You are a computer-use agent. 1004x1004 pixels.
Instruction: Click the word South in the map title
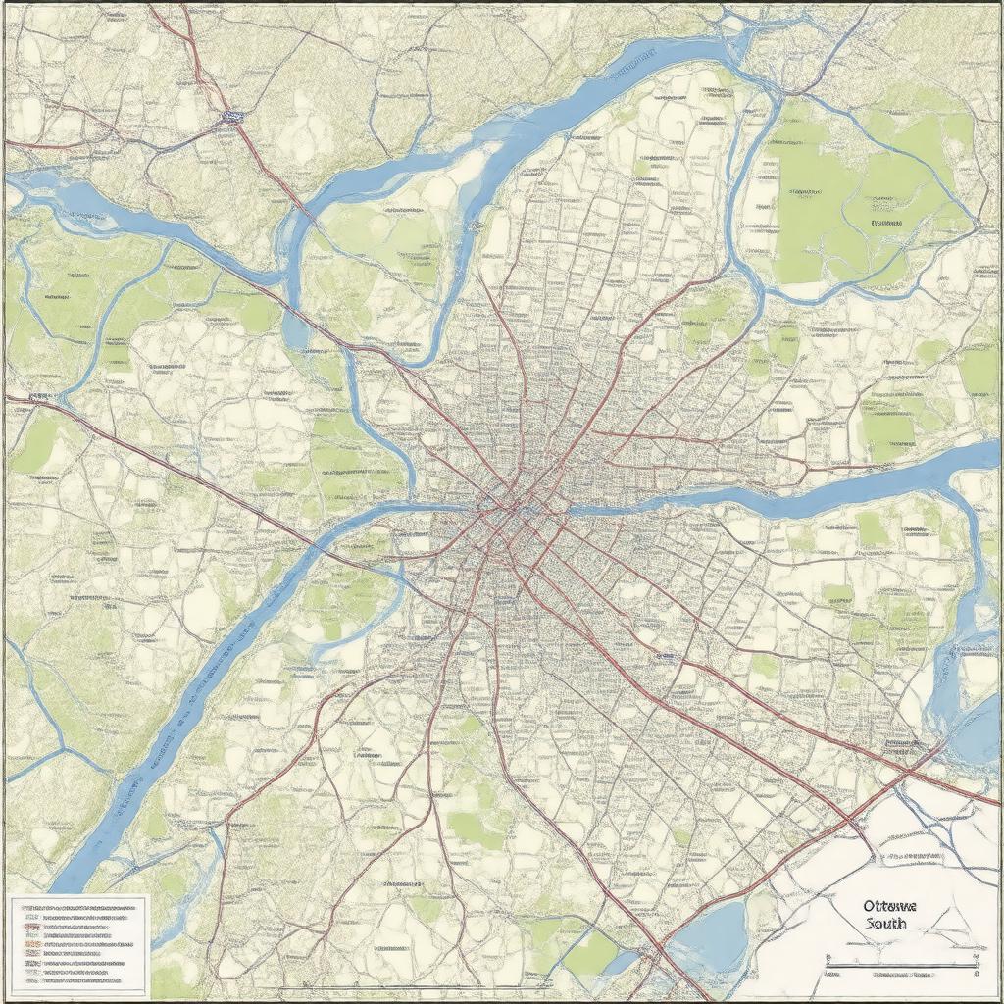tap(886, 924)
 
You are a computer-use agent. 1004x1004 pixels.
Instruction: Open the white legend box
tap(78, 942)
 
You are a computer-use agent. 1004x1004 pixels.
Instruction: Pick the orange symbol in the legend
tap(31, 926)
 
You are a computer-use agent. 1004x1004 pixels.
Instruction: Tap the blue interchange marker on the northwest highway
tap(231, 117)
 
